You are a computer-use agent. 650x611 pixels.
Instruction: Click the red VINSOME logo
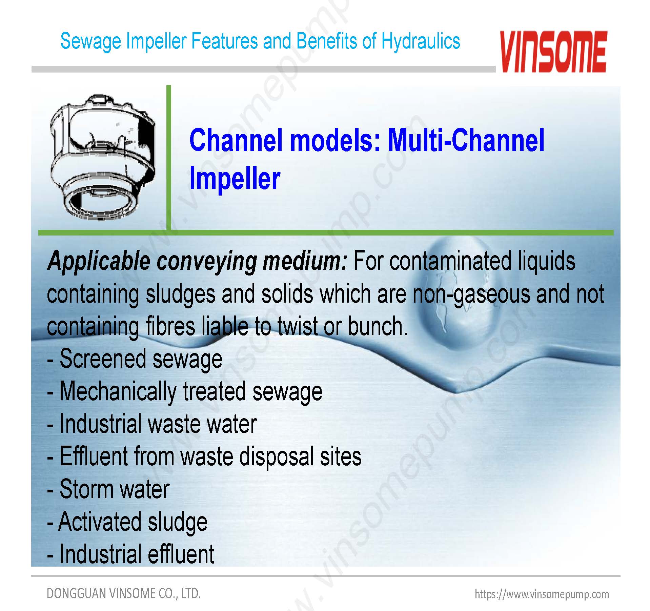(x=553, y=52)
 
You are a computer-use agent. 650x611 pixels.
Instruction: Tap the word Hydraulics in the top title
(x=421, y=41)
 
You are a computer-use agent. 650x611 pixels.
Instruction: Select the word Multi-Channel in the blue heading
(x=466, y=140)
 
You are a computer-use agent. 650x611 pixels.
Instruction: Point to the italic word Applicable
(x=99, y=262)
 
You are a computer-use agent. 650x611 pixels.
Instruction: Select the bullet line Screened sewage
(x=135, y=359)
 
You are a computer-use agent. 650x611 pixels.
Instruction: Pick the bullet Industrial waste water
(x=152, y=424)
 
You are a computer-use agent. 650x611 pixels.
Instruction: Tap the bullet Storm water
(x=108, y=489)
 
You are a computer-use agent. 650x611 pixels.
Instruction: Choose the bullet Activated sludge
(x=127, y=522)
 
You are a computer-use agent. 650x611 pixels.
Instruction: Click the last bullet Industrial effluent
(x=131, y=554)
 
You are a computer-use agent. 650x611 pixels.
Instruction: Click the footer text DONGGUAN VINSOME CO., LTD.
(x=124, y=593)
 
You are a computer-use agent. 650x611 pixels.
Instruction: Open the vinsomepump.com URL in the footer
(x=542, y=594)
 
